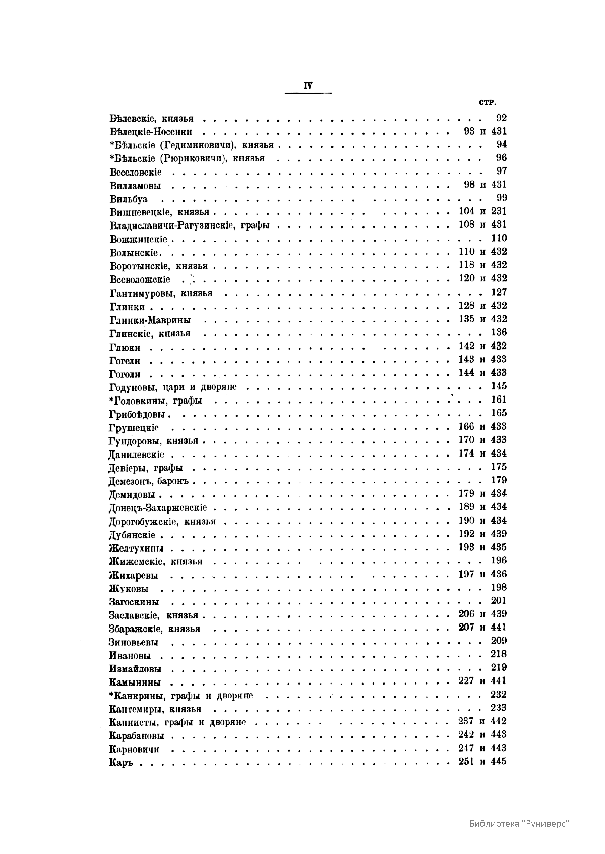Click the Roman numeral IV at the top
click(308, 86)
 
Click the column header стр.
click(488, 103)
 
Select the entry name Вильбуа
click(129, 199)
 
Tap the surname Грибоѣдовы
click(138, 414)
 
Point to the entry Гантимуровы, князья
click(161, 293)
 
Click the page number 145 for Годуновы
click(499, 386)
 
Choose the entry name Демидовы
click(132, 495)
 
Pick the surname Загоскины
click(134, 602)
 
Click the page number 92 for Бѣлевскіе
click(501, 118)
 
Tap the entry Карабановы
click(137, 736)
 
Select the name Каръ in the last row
click(120, 763)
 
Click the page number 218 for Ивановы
click(499, 654)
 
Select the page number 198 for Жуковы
click(499, 587)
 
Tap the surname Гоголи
click(125, 374)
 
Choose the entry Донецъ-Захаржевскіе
click(158, 508)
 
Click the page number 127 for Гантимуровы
click(499, 292)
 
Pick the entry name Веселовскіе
click(136, 172)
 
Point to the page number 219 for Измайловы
click(499, 668)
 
